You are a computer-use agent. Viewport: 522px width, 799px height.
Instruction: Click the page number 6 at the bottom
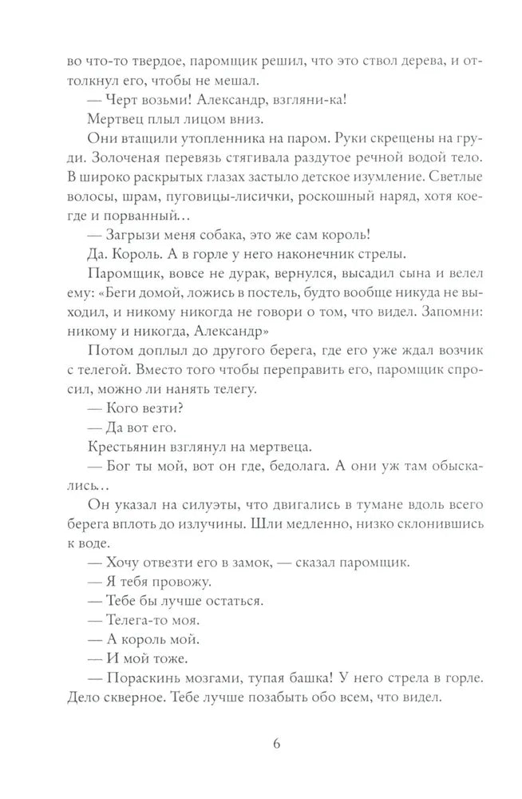[x=275, y=742]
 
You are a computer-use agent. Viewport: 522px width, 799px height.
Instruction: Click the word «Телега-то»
[x=136, y=618]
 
